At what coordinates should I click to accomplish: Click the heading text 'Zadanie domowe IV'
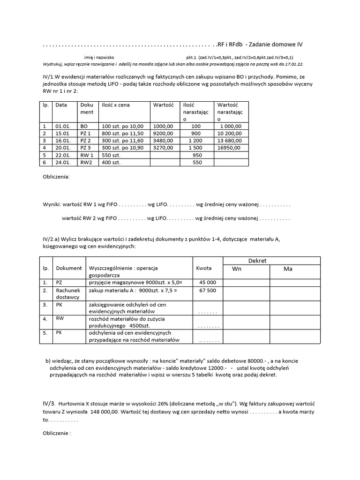276,45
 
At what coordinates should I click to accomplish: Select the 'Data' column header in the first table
61,105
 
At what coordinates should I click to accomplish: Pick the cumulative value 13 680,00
229,140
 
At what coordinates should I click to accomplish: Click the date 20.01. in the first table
62,147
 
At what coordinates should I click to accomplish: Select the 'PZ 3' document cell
85,147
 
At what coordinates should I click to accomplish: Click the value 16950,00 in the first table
229,147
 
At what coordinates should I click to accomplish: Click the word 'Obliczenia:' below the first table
56,177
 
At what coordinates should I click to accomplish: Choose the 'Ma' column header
288,269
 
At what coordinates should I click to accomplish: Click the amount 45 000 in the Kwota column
208,282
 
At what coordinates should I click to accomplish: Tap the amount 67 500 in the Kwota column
208,291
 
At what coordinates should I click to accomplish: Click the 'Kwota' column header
204,268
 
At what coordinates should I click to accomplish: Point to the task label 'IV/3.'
49,403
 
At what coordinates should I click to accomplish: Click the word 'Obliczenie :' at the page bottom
57,434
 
